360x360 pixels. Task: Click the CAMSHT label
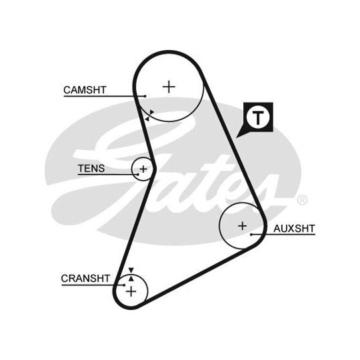point(85,90)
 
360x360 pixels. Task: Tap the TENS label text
point(91,169)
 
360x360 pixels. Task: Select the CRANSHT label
point(85,279)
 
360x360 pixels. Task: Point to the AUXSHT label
point(294,229)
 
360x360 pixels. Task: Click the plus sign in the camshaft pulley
point(169,87)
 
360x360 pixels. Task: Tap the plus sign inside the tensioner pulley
point(143,169)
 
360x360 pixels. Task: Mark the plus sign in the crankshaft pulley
point(131,291)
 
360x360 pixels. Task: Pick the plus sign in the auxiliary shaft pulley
point(243,226)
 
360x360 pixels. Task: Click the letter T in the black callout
point(258,117)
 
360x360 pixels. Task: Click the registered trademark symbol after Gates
point(302,200)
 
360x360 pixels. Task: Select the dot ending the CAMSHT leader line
point(145,96)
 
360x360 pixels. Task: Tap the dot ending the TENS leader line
point(137,175)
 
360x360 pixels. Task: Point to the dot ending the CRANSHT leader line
point(124,285)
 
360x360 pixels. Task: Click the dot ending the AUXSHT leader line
point(251,235)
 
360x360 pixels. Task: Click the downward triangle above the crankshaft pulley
point(131,270)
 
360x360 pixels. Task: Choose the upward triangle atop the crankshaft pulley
point(131,279)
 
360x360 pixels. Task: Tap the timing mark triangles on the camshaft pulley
point(149,115)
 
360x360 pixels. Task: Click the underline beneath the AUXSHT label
point(283,235)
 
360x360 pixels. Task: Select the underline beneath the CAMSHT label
point(105,96)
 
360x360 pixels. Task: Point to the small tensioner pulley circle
point(131,169)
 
